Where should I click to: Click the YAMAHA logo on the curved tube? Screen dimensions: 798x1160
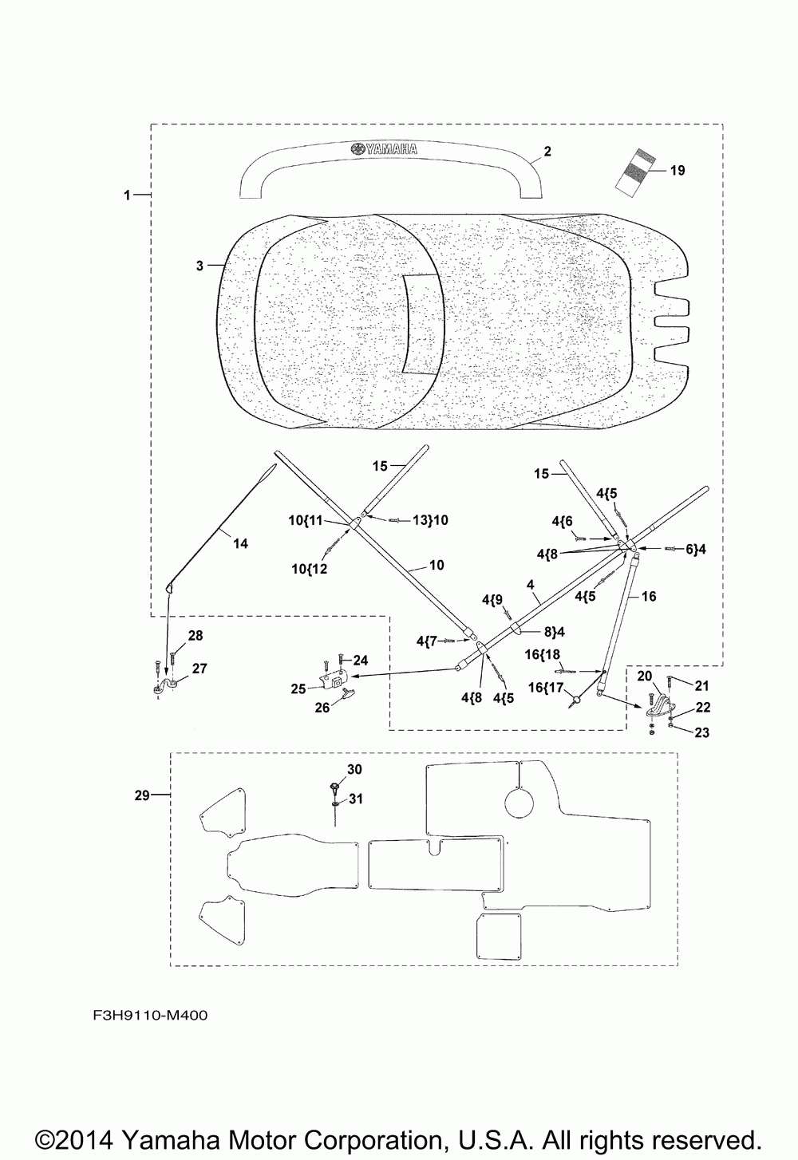[x=384, y=149]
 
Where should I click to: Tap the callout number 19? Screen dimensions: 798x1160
[x=678, y=171]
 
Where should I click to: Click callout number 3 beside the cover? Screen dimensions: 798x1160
[x=199, y=266]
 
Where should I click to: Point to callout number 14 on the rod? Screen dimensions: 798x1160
[x=240, y=544]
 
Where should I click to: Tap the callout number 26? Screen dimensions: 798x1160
[x=322, y=708]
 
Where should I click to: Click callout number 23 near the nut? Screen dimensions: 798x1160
[x=701, y=732]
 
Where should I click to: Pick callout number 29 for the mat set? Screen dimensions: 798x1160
[x=142, y=795]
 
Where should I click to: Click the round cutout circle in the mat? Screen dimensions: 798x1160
[x=519, y=803]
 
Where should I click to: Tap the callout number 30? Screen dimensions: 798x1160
[x=354, y=770]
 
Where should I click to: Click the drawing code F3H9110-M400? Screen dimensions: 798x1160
[x=150, y=1015]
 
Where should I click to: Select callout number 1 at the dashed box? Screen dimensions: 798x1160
[x=127, y=195]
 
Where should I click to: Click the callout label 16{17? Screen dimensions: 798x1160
[x=545, y=688]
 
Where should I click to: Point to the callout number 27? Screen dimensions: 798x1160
[x=199, y=669]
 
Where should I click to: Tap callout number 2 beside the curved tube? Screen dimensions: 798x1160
[x=547, y=152]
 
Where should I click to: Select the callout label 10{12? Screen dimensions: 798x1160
[x=310, y=569]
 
